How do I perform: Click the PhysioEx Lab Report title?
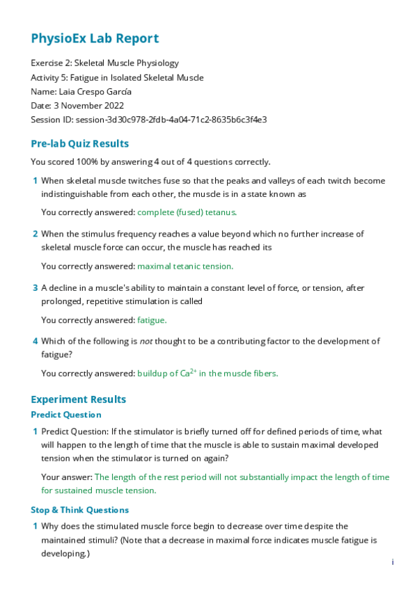point(95,38)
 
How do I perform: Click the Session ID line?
point(148,120)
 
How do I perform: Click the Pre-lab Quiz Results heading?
point(79,144)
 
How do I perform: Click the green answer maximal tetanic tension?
point(185,266)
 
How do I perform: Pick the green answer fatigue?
point(152,320)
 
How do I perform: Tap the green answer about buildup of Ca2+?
point(207,374)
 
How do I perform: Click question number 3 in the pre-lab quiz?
point(36,287)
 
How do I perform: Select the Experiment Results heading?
point(79,399)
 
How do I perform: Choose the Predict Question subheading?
point(66,415)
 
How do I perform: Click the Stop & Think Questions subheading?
point(79,510)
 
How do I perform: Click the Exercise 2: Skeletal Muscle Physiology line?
point(104,63)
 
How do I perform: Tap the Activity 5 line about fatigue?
point(117,77)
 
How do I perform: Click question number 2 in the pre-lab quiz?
point(36,234)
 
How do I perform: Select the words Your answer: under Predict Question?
point(66,477)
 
